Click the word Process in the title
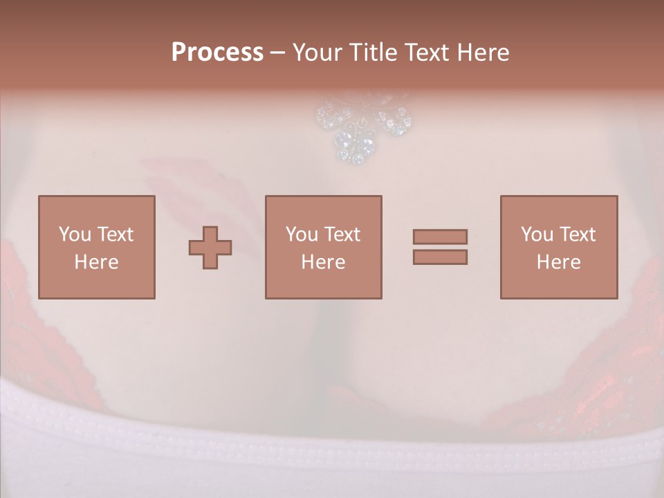tap(217, 53)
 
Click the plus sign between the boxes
tap(210, 247)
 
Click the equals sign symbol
tap(440, 247)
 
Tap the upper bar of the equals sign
tap(440, 237)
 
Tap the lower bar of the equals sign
tap(440, 257)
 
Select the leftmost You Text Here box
tap(96, 247)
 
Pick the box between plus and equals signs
tap(323, 247)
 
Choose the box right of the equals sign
tap(558, 247)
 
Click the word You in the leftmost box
tap(75, 234)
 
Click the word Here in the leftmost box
tap(96, 262)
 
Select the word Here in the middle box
tap(323, 262)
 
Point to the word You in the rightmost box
tap(537, 234)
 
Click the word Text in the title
tap(427, 53)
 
